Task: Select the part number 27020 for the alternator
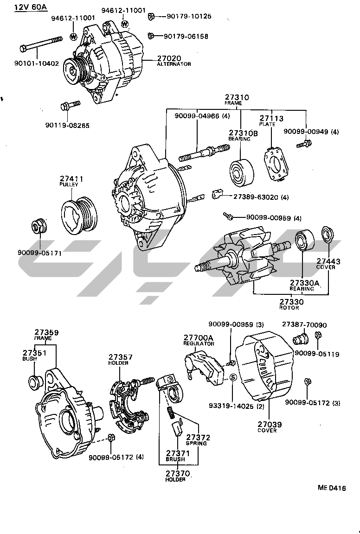point(168,58)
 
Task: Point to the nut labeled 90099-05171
point(38,226)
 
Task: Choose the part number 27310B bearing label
point(242,133)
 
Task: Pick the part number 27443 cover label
point(328,261)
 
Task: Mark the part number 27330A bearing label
point(305,283)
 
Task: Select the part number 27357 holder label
point(121,357)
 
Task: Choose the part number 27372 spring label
point(198,437)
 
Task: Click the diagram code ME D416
point(332,488)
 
